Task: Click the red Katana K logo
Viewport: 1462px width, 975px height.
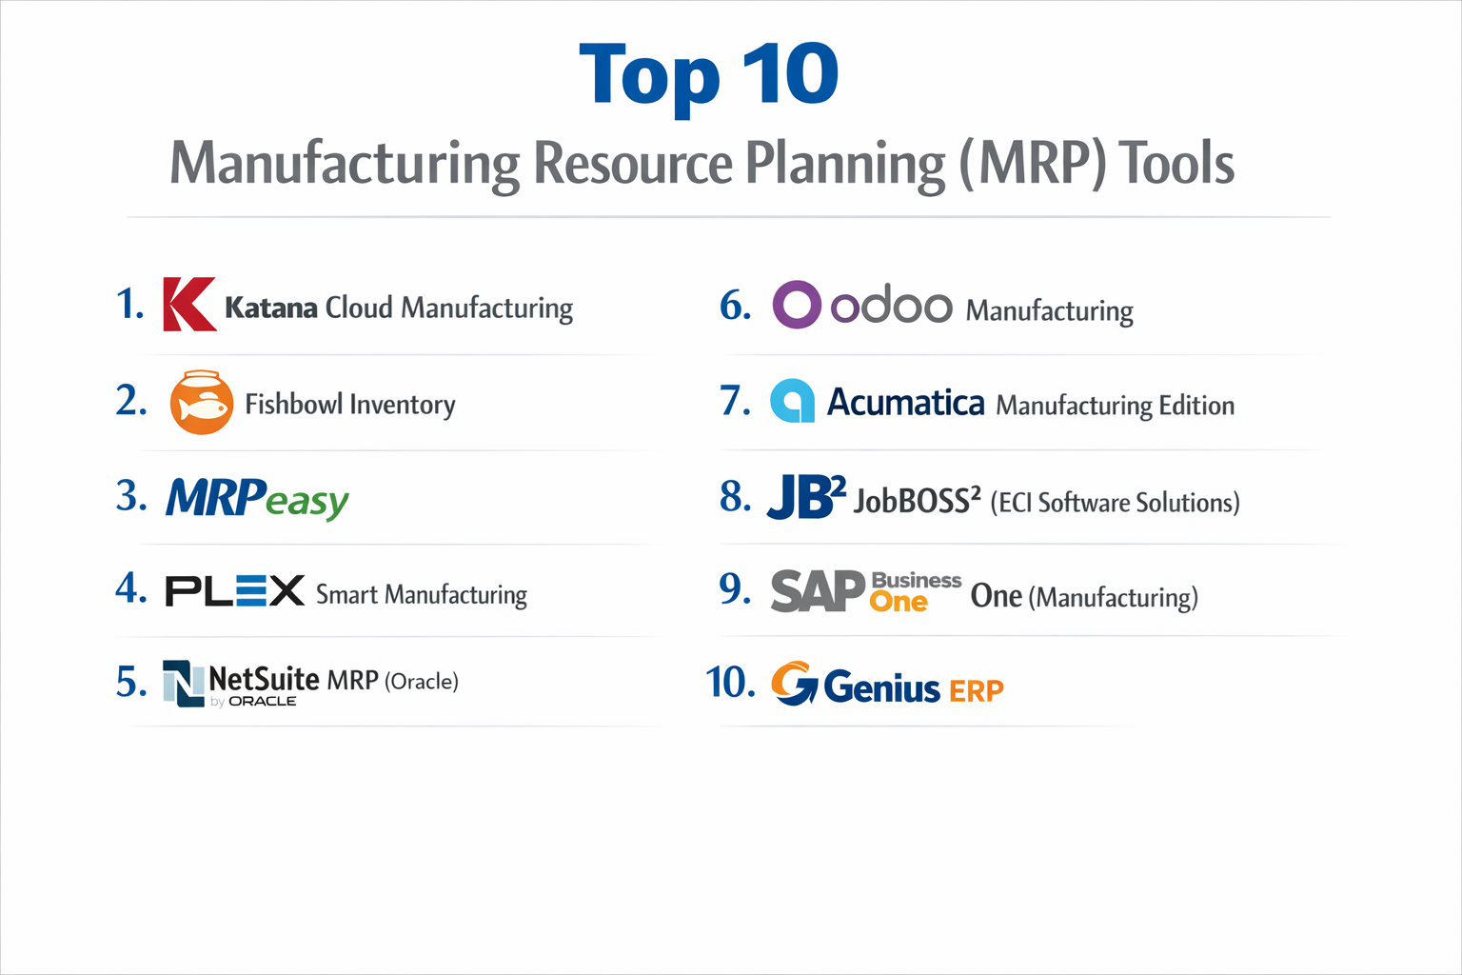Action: pyautogui.click(x=188, y=305)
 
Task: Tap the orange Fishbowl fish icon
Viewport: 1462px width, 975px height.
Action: pyautogui.click(x=201, y=403)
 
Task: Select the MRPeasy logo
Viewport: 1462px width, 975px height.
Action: pyautogui.click(x=257, y=498)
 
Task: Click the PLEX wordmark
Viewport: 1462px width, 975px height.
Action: pyautogui.click(x=234, y=591)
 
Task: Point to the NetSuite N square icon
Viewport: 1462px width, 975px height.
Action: pyautogui.click(x=183, y=683)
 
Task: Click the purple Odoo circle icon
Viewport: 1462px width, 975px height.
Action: pyautogui.click(x=796, y=305)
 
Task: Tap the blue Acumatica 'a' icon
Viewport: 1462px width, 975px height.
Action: pyautogui.click(x=792, y=401)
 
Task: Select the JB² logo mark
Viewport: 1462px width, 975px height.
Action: pyautogui.click(x=804, y=496)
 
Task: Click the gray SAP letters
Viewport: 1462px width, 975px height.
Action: pyautogui.click(x=817, y=591)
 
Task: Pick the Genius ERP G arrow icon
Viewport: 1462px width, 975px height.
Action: pyautogui.click(x=793, y=684)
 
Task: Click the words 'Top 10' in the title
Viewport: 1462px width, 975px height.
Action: pyautogui.click(x=709, y=75)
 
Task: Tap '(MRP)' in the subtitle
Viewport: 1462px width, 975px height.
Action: pyautogui.click(x=1033, y=164)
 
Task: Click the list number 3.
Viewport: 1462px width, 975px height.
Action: pyautogui.click(x=130, y=496)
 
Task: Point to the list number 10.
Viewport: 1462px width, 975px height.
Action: pyautogui.click(x=729, y=683)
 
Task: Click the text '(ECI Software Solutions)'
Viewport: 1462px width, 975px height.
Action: pyautogui.click(x=1115, y=502)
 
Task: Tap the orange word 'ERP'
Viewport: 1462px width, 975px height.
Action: pyautogui.click(x=976, y=690)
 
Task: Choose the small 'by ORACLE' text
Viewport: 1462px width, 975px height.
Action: pyautogui.click(x=253, y=702)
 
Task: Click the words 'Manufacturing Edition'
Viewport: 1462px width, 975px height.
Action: pyautogui.click(x=1115, y=406)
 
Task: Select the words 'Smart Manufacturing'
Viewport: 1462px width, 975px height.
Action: pyautogui.click(x=421, y=595)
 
